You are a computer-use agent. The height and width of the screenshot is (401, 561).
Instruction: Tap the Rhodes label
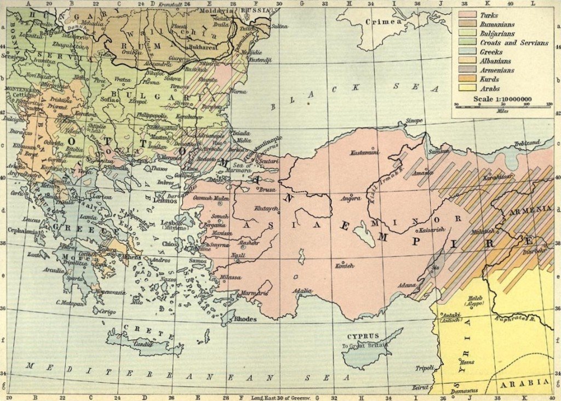click(245, 318)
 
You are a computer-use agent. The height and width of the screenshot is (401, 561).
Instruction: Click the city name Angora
click(351, 197)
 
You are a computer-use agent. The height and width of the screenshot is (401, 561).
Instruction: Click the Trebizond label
click(526, 144)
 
